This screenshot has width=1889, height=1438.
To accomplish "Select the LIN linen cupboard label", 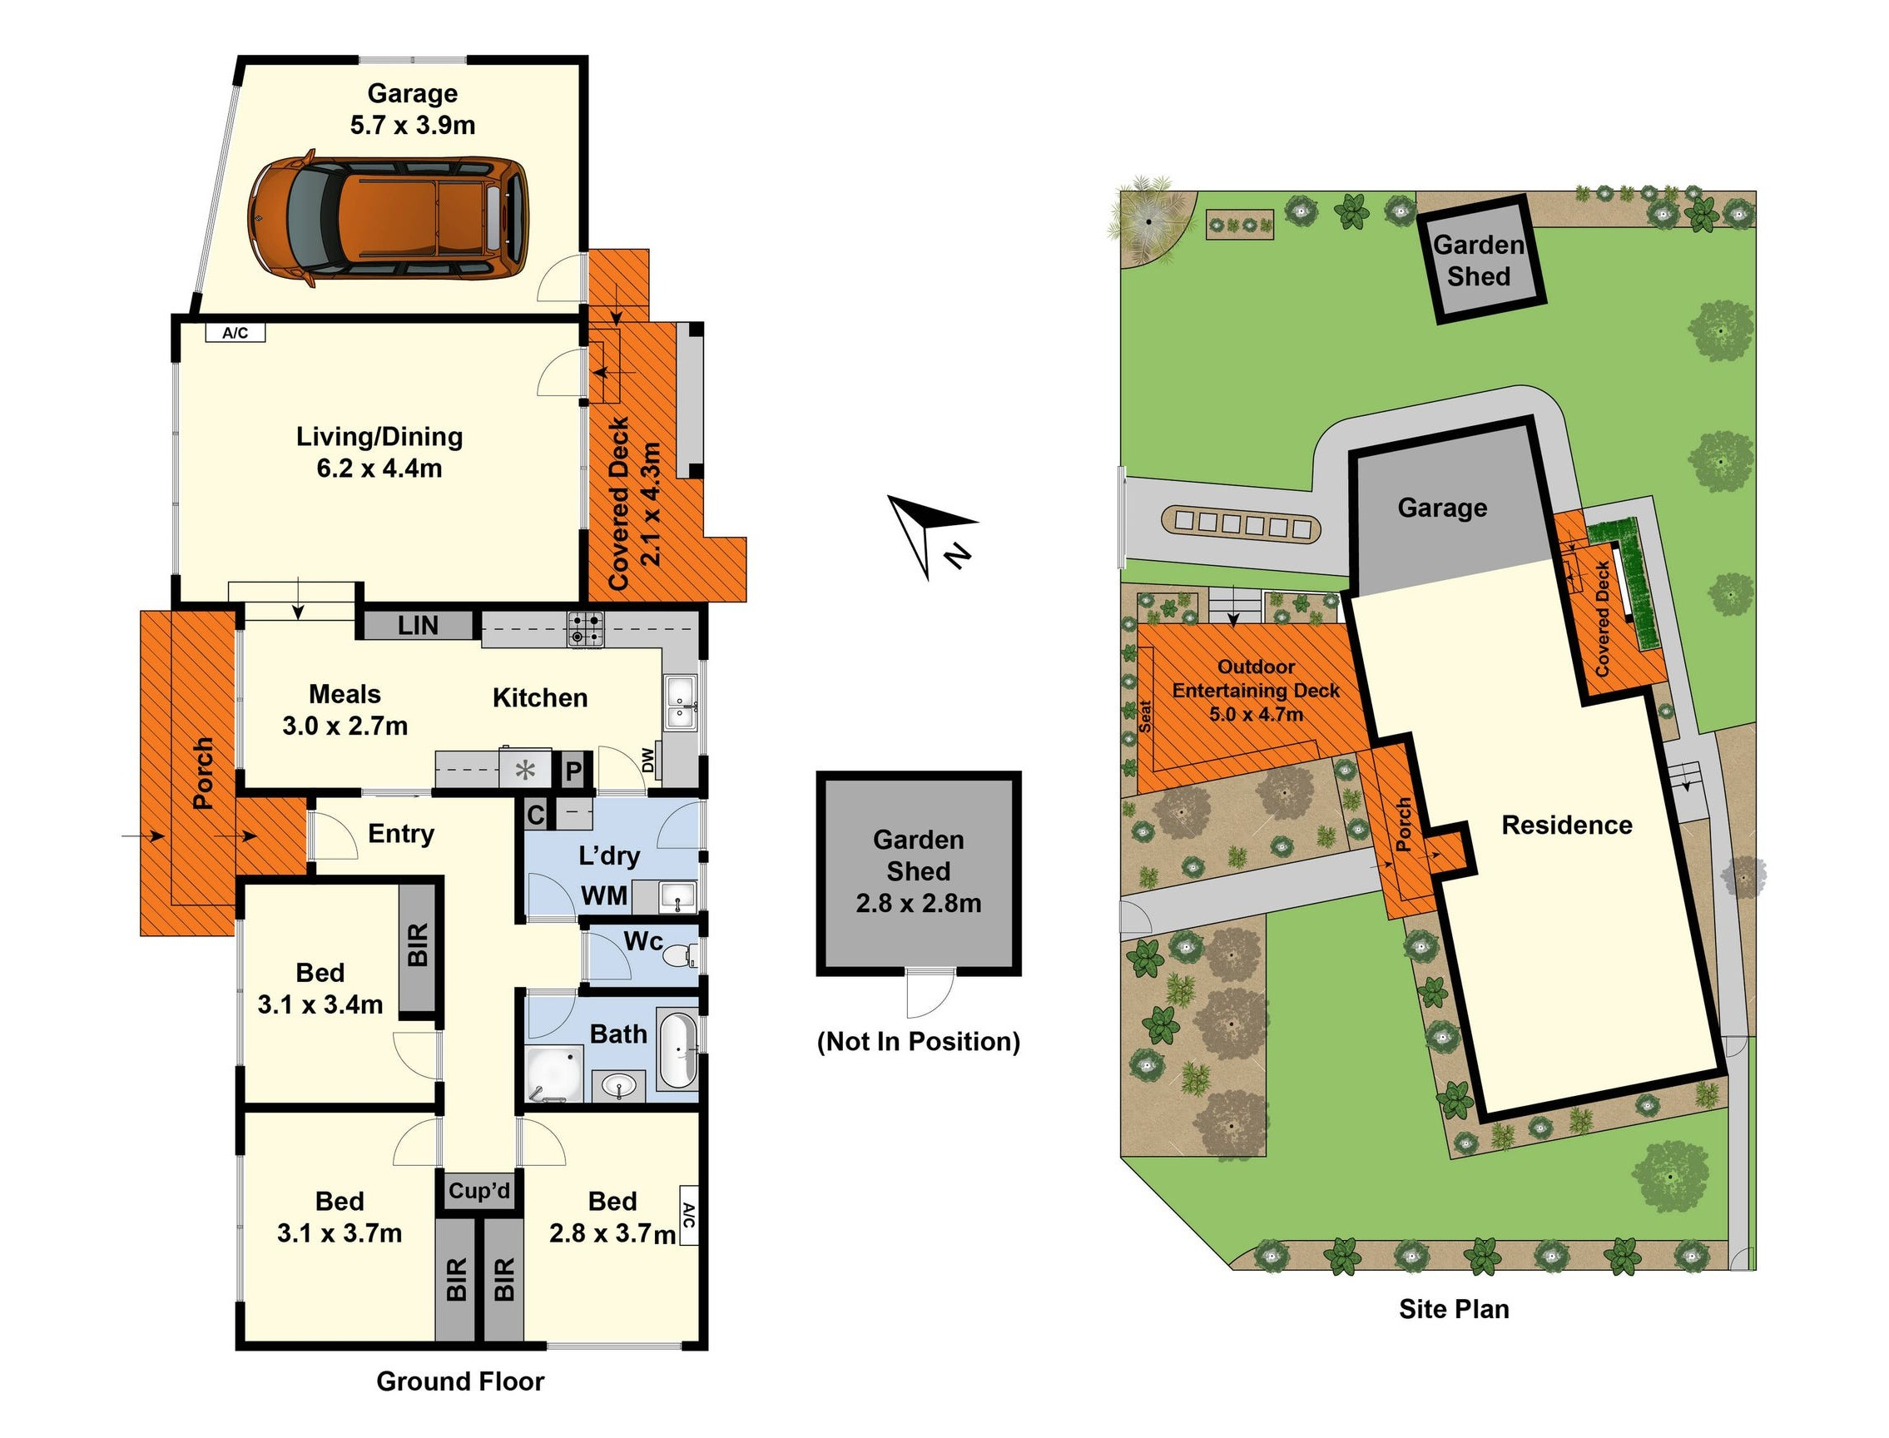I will [418, 626].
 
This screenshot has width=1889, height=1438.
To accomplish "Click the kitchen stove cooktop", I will [587, 628].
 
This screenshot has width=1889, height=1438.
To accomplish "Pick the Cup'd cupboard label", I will [479, 1191].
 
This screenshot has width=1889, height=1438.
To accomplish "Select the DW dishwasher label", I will [648, 760].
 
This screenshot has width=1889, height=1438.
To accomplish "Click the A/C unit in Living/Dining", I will [236, 333].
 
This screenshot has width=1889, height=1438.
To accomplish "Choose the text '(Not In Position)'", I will [919, 1042].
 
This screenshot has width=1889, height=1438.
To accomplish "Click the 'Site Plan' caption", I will [1453, 1309].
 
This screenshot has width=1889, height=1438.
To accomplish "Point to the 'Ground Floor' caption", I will [459, 1381].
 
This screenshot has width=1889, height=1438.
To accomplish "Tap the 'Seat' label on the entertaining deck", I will [1144, 717].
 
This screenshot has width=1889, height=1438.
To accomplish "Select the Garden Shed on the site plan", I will [1478, 261].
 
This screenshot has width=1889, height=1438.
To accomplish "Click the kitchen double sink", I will [681, 702].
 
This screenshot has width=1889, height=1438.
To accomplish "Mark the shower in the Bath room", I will [553, 1074].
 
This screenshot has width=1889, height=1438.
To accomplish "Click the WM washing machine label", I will [604, 896].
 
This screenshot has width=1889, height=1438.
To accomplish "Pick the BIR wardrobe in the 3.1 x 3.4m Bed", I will [417, 946].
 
